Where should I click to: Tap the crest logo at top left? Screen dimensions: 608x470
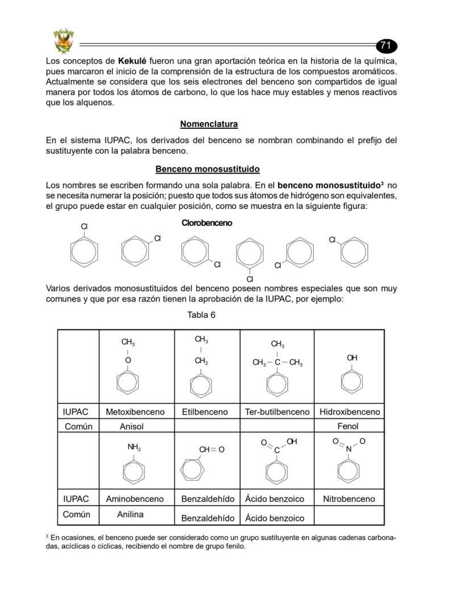click(63, 40)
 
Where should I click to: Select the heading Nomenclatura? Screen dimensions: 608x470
click(209, 124)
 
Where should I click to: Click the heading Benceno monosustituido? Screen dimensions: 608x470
click(207, 169)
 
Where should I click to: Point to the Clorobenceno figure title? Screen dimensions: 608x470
click(207, 223)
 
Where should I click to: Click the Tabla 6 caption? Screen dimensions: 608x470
click(202, 315)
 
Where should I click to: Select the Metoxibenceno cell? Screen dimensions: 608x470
click(135, 412)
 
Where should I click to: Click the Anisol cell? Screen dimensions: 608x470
click(131, 426)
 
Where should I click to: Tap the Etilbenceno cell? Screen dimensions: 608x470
click(205, 412)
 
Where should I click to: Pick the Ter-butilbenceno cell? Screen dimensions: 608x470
click(277, 412)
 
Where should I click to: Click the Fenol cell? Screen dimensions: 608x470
click(348, 426)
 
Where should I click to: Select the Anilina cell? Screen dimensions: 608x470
click(130, 514)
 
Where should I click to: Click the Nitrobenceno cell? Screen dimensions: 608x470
click(349, 499)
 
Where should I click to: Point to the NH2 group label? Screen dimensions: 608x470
click(134, 447)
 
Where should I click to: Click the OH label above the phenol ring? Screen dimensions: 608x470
click(352, 358)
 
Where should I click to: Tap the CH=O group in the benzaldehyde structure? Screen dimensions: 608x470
click(211, 450)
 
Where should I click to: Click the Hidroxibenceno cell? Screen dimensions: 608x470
click(350, 412)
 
